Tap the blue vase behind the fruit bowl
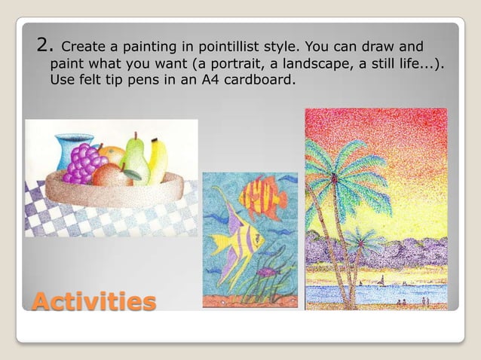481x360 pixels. (x=74, y=148)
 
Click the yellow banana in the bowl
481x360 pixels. (x=158, y=160)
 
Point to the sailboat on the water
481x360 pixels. (x=383, y=281)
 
